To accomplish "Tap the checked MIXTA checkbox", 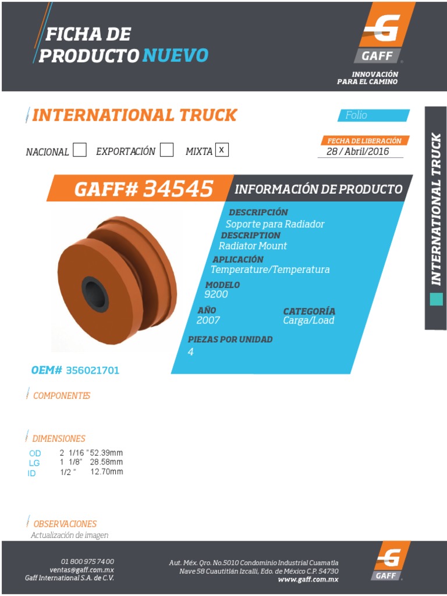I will tap(221, 150).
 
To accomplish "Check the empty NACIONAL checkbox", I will tap(80, 150).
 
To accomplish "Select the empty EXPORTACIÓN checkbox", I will tap(166, 150).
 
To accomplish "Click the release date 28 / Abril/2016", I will tap(357, 151).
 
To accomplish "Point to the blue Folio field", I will tap(373, 115).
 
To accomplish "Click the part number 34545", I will tap(178, 189).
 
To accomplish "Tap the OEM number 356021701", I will tap(93, 370).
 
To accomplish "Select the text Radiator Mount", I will tap(253, 246).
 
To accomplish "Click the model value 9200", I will tap(216, 295).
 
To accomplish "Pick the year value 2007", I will tap(208, 320).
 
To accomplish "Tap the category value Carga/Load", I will tap(308, 320).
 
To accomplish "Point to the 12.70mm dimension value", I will tap(107, 472).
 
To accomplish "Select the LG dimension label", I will tap(34, 463).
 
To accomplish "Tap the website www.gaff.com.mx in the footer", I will tap(308, 579).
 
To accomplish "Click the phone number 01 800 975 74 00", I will tap(87, 561).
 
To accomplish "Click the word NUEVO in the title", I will tap(175, 56).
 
